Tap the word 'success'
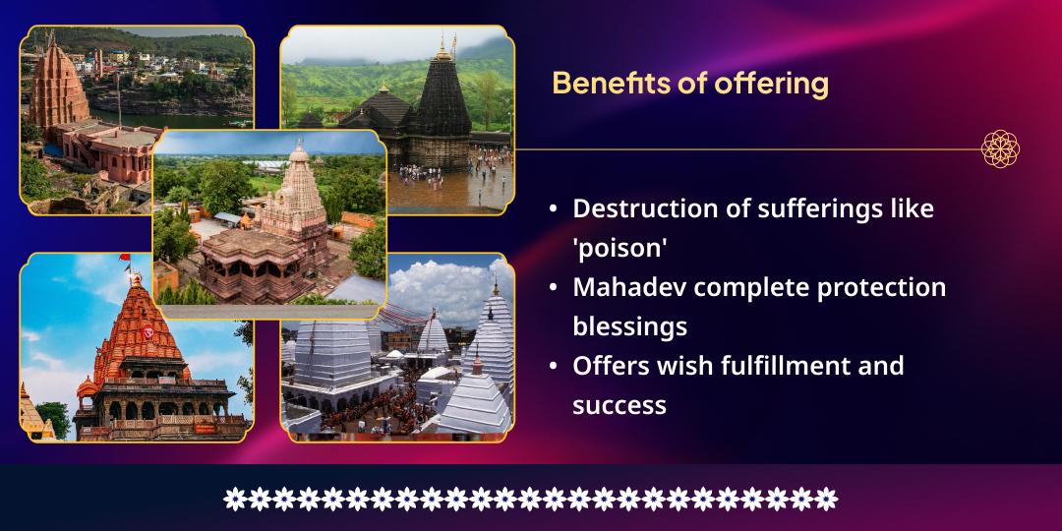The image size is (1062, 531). pos(619,404)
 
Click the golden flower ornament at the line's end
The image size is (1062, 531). pos(1000,149)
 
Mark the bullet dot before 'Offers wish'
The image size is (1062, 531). pos(554,366)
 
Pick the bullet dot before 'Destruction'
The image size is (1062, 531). pos(554,208)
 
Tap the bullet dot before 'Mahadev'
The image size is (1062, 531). pos(554,287)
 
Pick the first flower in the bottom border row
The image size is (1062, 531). pos(234,499)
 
